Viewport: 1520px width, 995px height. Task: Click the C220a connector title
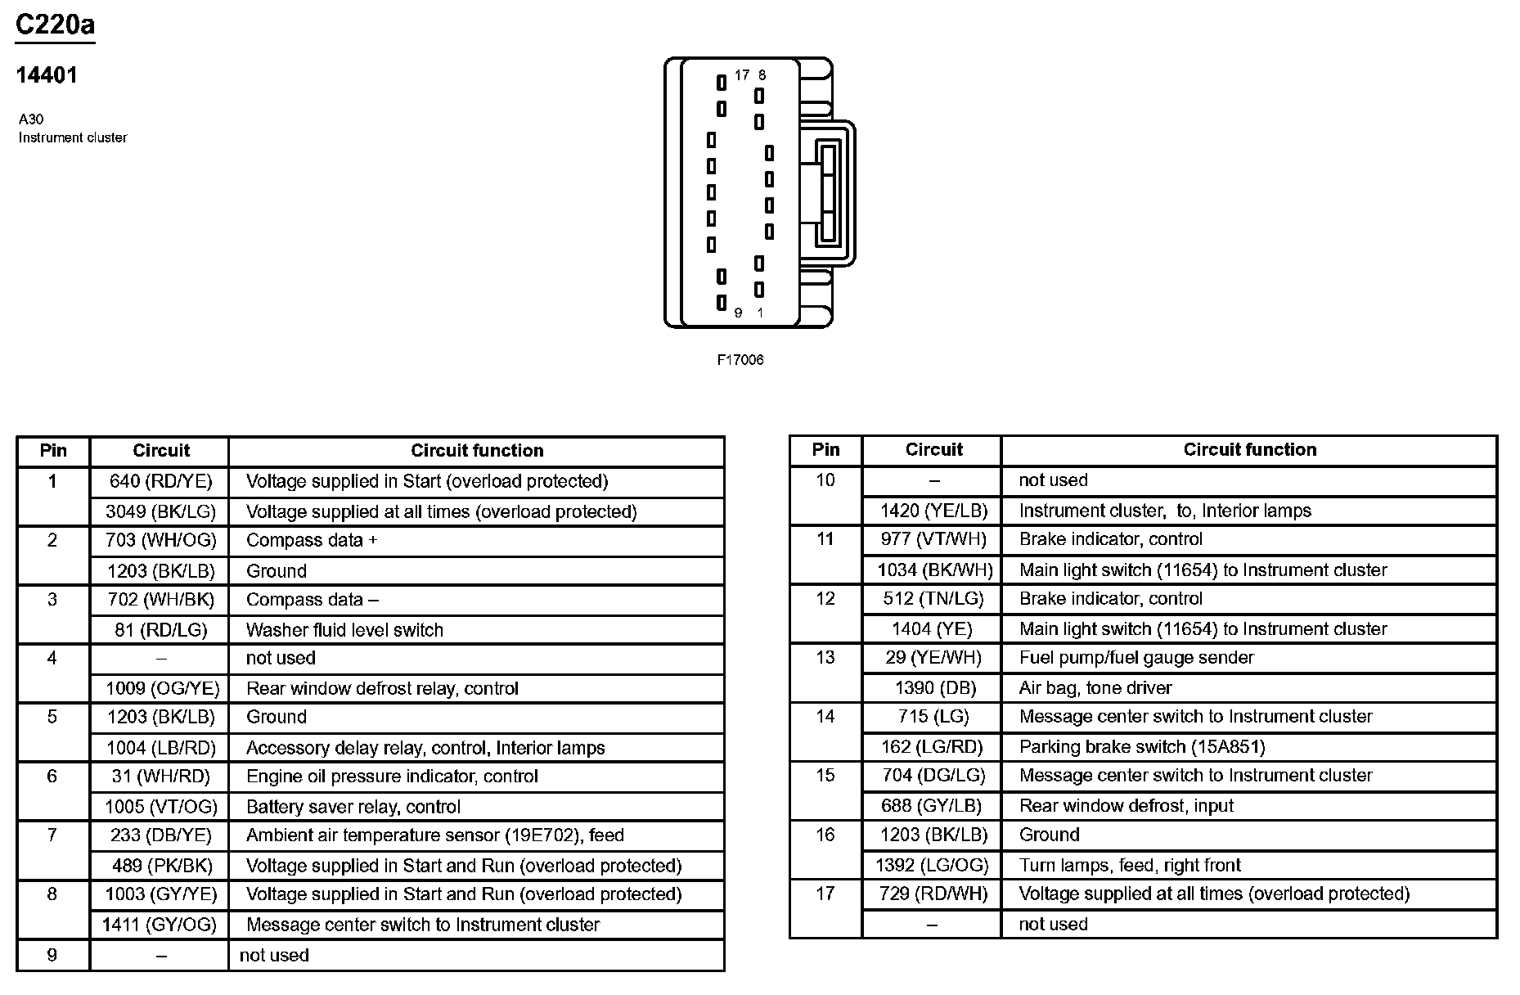click(x=55, y=25)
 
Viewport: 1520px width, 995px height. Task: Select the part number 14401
click(x=47, y=75)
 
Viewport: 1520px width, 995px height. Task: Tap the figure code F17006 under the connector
click(x=740, y=360)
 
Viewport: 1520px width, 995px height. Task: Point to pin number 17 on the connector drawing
click(x=741, y=75)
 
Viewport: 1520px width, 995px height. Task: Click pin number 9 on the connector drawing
click(x=738, y=313)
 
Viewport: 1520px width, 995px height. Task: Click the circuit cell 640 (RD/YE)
click(x=160, y=481)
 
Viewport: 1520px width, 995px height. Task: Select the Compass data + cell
click(x=312, y=540)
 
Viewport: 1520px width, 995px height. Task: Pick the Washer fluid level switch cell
click(x=344, y=630)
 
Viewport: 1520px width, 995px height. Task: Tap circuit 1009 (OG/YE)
click(x=160, y=688)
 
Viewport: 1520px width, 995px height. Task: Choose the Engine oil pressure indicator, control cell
click(x=392, y=776)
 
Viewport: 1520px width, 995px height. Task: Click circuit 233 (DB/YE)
click(x=160, y=835)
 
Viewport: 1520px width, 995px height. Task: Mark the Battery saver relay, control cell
click(x=353, y=807)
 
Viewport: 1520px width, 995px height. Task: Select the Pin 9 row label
click(x=52, y=955)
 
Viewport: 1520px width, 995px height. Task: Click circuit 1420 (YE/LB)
click(x=933, y=511)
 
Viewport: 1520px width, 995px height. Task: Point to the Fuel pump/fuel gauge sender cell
click(x=1136, y=657)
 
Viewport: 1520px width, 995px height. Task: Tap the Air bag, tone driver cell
click(x=1095, y=687)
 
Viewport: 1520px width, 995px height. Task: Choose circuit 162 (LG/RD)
click(x=933, y=746)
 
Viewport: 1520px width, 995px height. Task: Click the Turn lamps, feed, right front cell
click(x=1130, y=865)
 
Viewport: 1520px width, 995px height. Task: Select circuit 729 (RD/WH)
click(x=933, y=894)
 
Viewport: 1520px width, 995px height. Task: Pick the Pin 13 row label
click(x=825, y=657)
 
